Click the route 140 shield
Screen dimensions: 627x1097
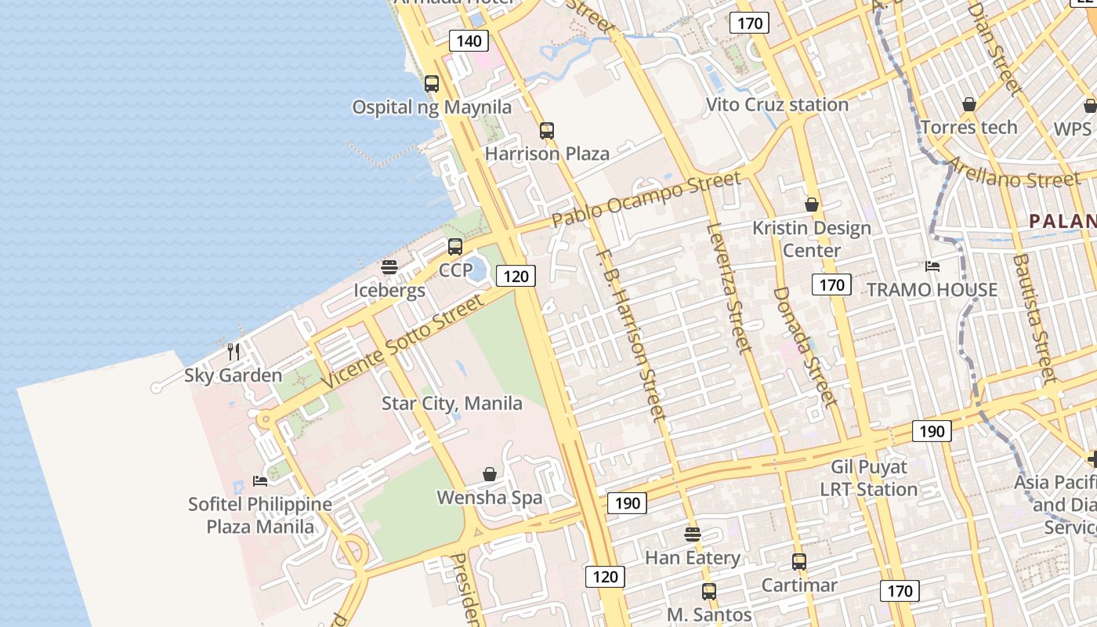(x=469, y=41)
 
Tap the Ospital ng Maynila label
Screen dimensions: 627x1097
(x=431, y=107)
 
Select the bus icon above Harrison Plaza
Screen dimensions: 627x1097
(x=547, y=131)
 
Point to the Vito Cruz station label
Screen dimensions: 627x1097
(x=777, y=104)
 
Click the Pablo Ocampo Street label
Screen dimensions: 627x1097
(x=646, y=200)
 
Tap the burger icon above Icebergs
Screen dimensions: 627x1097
(x=389, y=267)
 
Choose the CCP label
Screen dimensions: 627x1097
(x=455, y=270)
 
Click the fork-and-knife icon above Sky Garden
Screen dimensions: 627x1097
(x=233, y=351)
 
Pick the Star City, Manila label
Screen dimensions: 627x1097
(x=451, y=404)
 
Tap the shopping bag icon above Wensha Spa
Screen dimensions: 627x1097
(x=490, y=474)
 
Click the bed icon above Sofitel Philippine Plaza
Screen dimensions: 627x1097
(x=260, y=480)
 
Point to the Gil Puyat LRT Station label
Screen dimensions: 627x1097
(x=868, y=478)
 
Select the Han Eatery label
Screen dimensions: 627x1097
(x=692, y=558)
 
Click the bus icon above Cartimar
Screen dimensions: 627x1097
(x=798, y=562)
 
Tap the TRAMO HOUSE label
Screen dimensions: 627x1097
(x=932, y=290)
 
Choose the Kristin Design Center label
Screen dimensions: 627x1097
(x=811, y=239)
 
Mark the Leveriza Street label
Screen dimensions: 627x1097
(x=730, y=288)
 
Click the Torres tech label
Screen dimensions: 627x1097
(x=968, y=127)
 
